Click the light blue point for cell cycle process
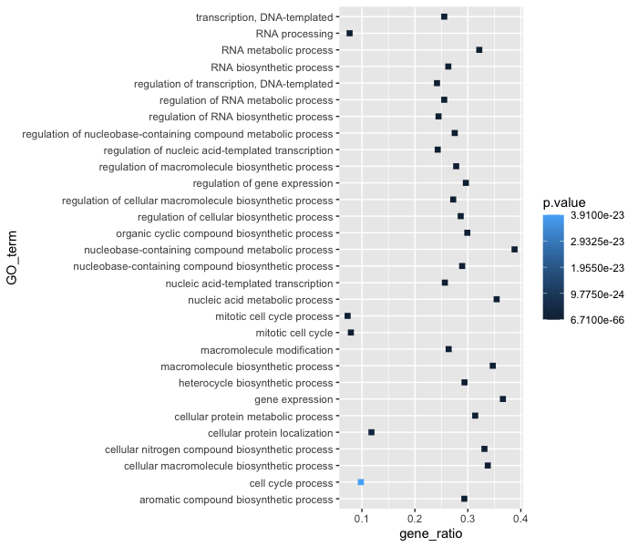[361, 481]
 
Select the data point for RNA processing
[349, 33]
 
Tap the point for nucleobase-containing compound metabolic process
[515, 249]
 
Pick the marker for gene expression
[502, 398]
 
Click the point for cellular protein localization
[371, 432]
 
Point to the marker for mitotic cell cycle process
[347, 315]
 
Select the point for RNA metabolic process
[479, 50]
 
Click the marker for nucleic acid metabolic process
[497, 299]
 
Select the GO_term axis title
[12, 258]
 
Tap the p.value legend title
[566, 202]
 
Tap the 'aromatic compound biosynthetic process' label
[236, 499]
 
